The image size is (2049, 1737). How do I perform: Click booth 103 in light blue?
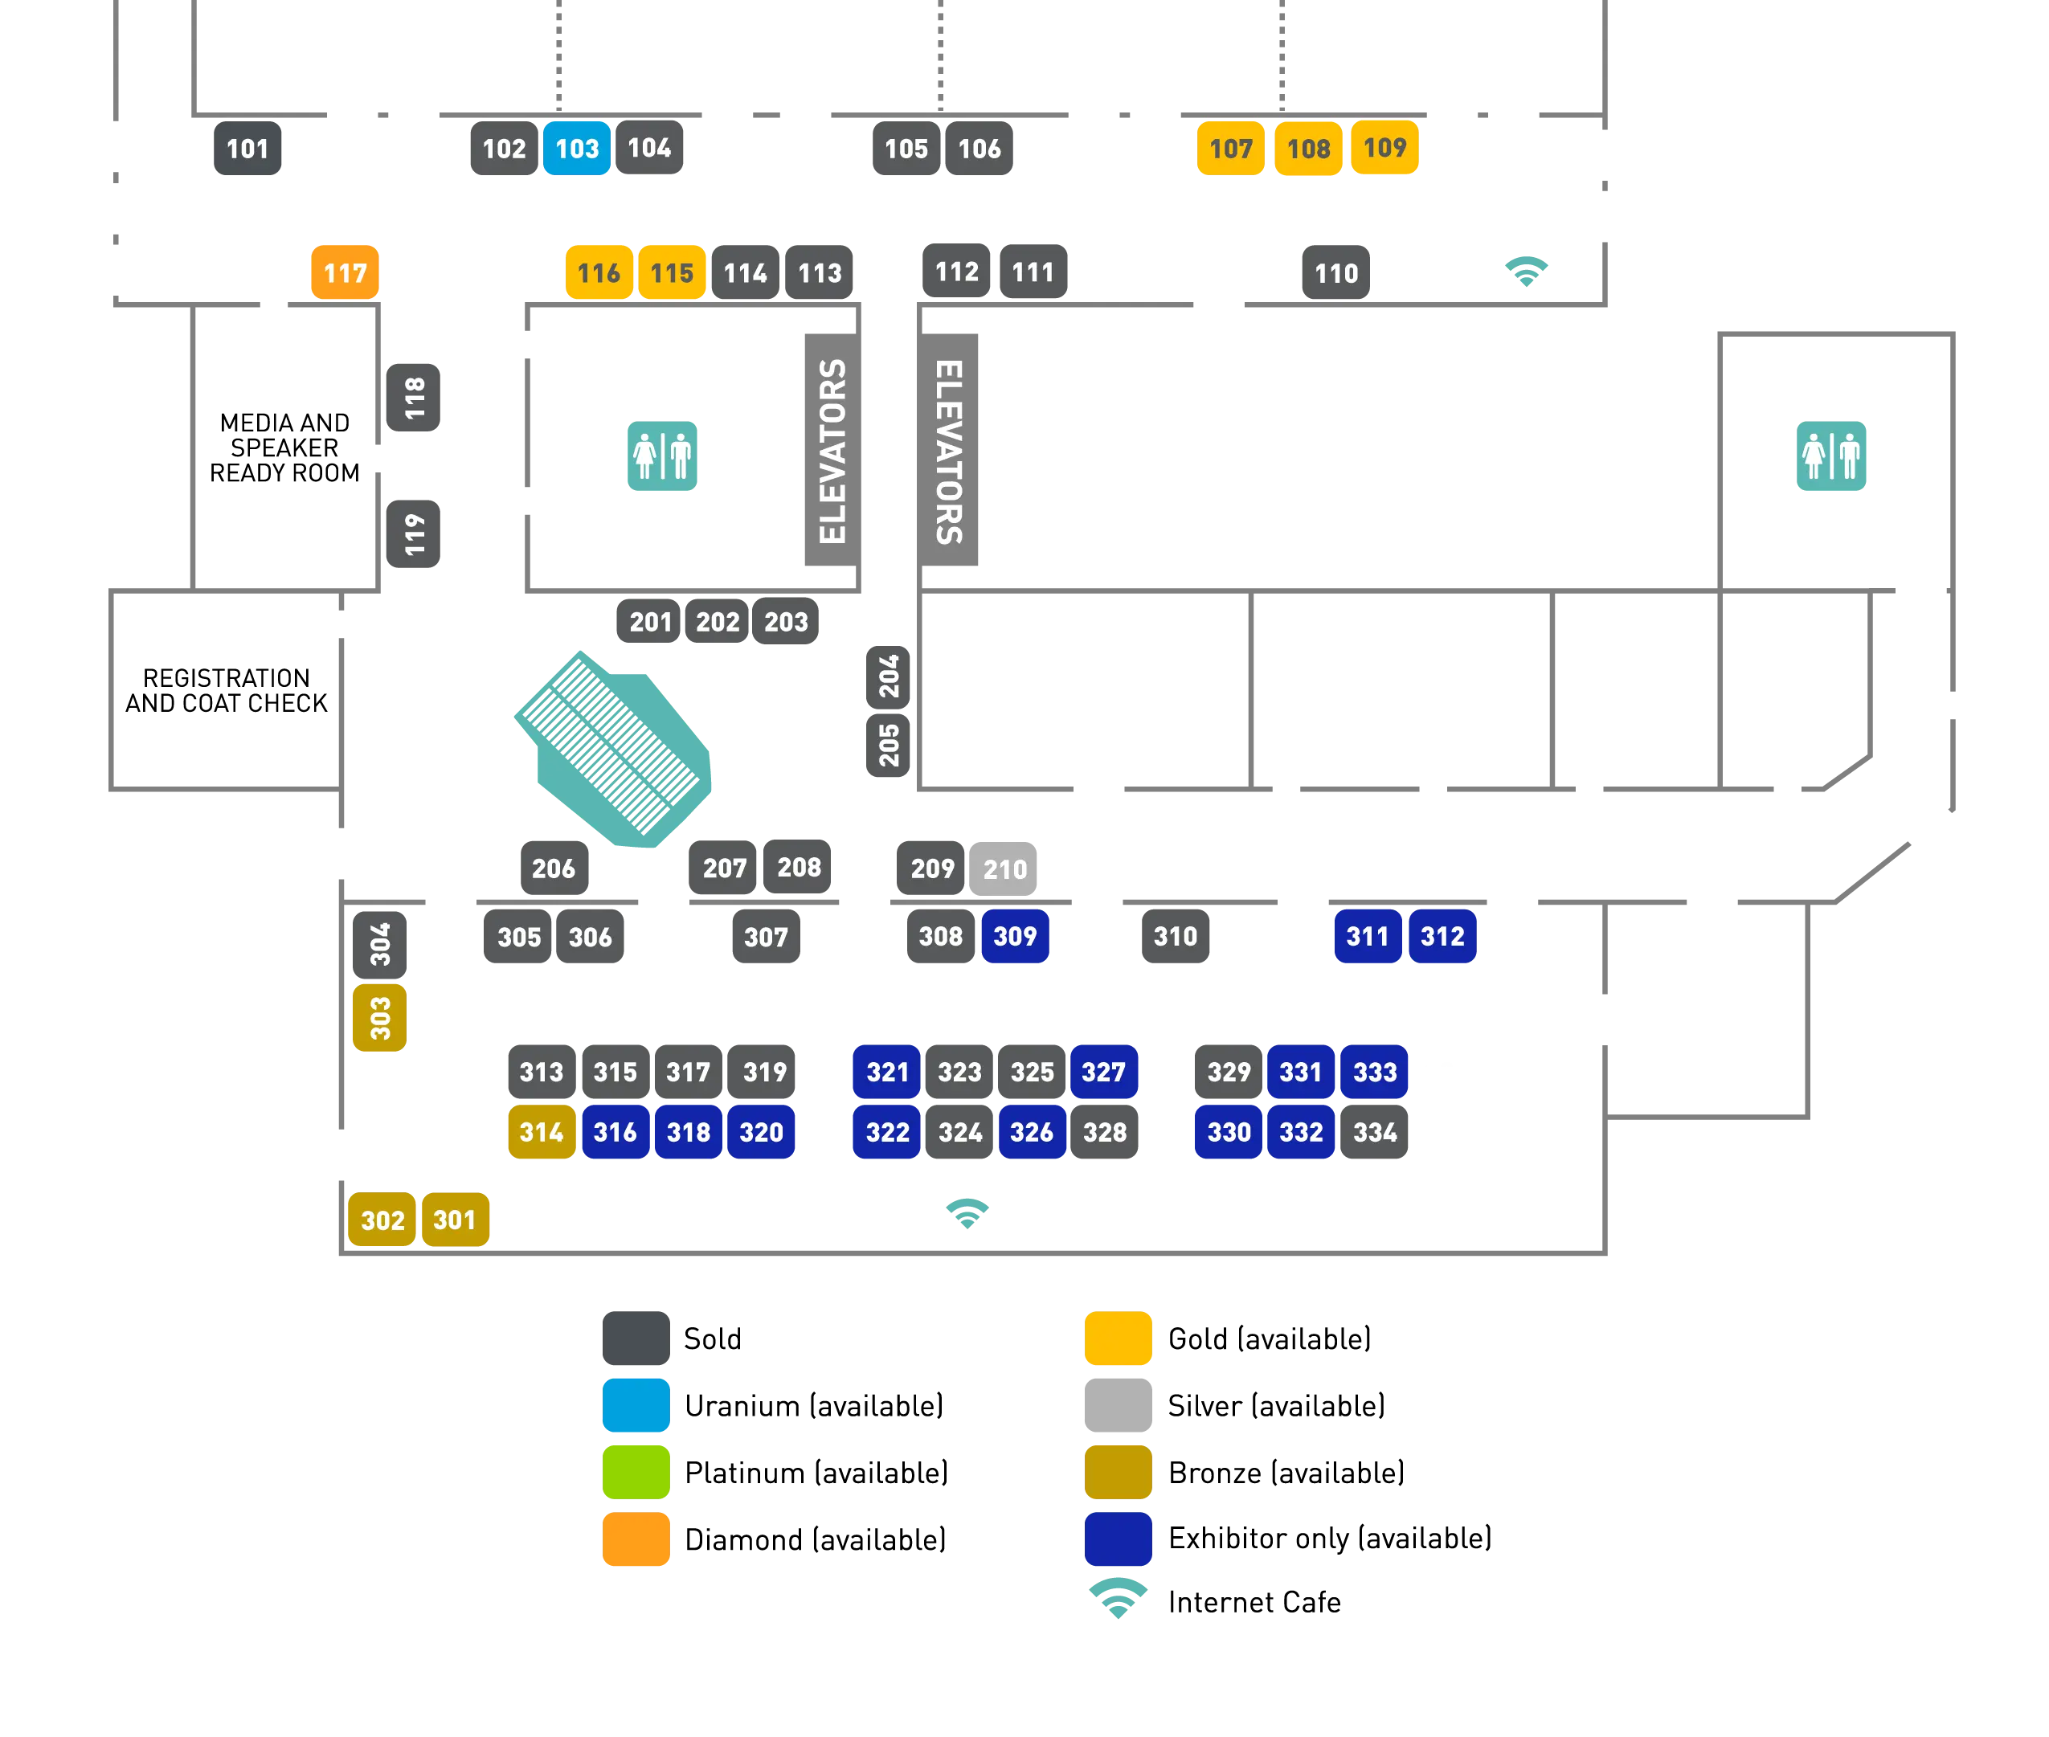tap(576, 149)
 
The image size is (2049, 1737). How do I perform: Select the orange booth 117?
tap(344, 272)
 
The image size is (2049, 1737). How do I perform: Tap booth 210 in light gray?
tap(1004, 869)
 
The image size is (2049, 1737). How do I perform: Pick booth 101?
tap(247, 149)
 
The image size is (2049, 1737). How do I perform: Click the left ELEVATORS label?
tap(832, 450)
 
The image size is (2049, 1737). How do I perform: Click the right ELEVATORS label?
tap(948, 450)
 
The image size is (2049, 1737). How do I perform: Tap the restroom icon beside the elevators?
tap(661, 456)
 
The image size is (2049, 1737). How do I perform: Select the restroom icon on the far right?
tap(1831, 456)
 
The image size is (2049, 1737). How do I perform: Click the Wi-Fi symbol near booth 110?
tap(1526, 271)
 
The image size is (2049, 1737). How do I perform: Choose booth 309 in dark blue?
tap(1014, 937)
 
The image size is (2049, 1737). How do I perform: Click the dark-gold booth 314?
tap(542, 1132)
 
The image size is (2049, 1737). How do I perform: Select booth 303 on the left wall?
tap(380, 1018)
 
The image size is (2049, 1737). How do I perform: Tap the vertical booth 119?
tap(415, 533)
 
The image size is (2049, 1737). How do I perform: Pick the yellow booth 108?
tap(1307, 149)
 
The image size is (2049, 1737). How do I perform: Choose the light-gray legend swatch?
tap(1118, 1404)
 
